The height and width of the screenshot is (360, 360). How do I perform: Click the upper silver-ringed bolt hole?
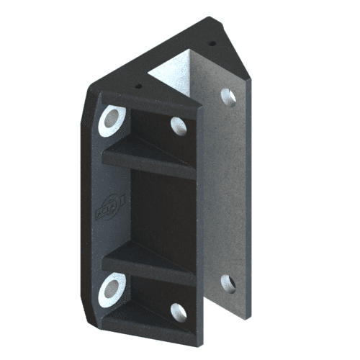pyautogui.click(x=112, y=119)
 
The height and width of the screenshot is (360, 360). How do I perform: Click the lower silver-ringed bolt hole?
pyautogui.click(x=112, y=289)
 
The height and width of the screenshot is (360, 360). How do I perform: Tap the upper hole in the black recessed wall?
pyautogui.click(x=179, y=126)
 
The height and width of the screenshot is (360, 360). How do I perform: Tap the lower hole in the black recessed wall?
pyautogui.click(x=179, y=312)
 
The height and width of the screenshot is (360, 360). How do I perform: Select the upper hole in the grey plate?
pyautogui.click(x=228, y=96)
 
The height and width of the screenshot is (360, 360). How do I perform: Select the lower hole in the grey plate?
pyautogui.click(x=228, y=282)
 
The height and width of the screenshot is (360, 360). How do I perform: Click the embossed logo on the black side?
pyautogui.click(x=112, y=206)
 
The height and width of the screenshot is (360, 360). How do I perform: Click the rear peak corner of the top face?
pyautogui.click(x=210, y=19)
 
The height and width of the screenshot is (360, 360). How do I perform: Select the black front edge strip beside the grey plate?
pyautogui.click(x=201, y=216)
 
